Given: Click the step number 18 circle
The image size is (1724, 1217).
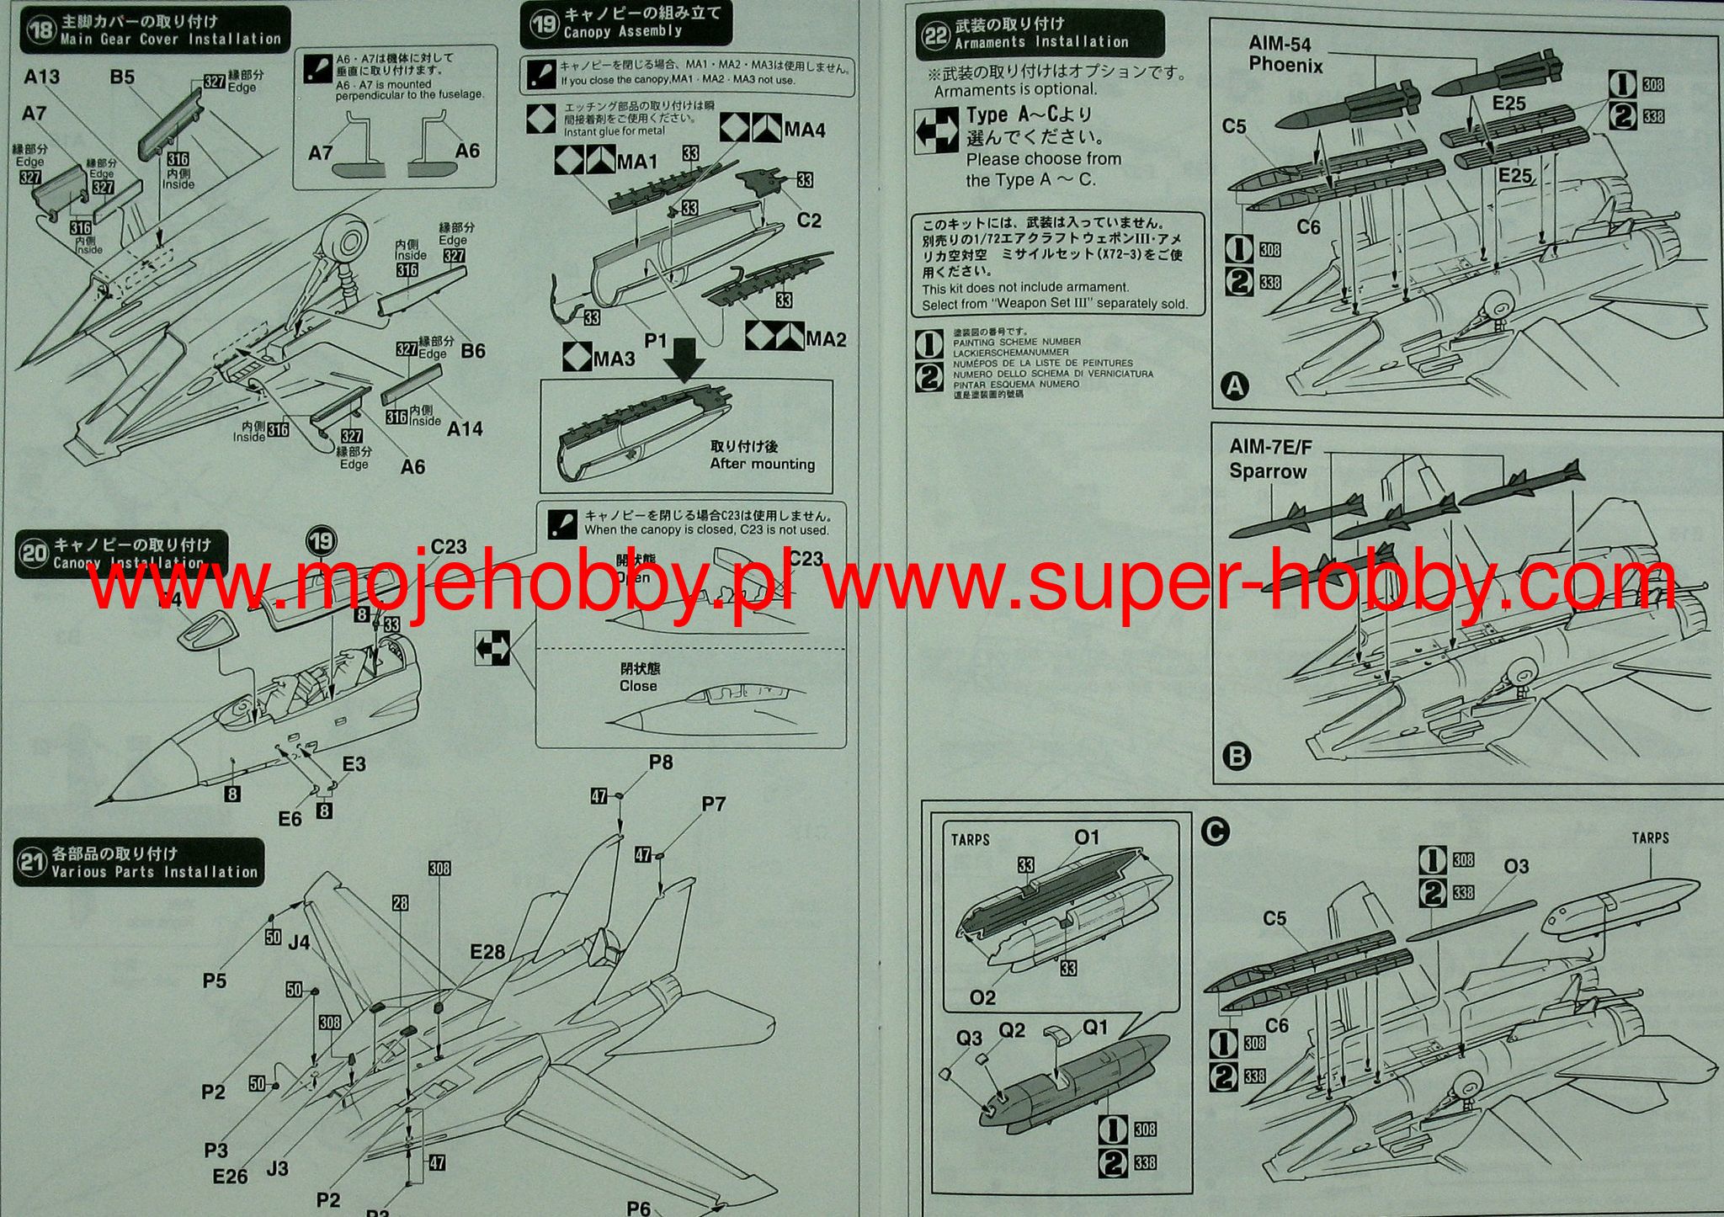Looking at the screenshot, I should pos(40,30).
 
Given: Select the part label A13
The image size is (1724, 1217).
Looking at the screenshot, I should pos(42,77).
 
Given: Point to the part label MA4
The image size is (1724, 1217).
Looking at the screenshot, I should pos(804,130).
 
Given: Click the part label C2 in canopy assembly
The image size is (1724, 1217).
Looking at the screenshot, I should pos(808,221).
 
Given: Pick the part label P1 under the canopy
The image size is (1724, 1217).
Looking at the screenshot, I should pos(656,340).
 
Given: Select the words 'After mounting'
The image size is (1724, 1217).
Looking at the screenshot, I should pos(762,464).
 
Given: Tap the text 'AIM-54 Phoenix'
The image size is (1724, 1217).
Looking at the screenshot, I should pos(1285,55).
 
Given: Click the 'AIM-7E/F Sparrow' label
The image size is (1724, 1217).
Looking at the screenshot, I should pos(1269,460).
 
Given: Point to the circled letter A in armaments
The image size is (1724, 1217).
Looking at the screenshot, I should pos(1235,386).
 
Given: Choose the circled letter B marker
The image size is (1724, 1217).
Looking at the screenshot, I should pos(1236,756).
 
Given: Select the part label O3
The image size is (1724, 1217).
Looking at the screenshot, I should pos(1515,866).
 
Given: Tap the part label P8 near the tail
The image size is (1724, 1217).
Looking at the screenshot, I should pos(661,763).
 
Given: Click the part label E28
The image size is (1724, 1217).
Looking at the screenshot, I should pos(487,952).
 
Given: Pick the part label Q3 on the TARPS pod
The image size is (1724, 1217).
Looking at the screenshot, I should pos(969,1038).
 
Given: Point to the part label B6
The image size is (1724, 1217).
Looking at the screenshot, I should pos(473,350).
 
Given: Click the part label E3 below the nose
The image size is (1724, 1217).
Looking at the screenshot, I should pos(354,764).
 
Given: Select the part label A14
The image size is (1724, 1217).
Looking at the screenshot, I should pos(465,429).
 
